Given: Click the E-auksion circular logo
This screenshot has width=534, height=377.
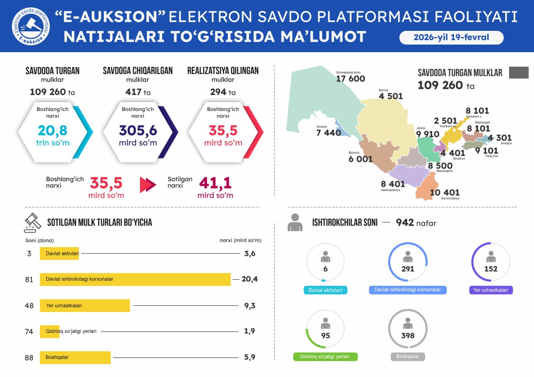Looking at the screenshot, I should point(30,26).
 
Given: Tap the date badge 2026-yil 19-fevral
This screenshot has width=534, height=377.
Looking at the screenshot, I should point(451,38).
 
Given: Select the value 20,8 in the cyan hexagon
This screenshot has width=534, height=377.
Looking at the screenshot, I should point(53,131).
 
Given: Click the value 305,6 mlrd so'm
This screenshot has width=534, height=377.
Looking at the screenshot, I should point(138,131).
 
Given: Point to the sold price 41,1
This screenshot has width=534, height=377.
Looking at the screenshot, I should point(215,183).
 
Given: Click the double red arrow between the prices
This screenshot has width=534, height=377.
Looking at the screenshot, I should point(148,185).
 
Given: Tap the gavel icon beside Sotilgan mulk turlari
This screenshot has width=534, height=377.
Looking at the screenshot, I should point(33,223).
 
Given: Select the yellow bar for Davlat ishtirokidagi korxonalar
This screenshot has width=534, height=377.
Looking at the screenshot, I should point(135,279).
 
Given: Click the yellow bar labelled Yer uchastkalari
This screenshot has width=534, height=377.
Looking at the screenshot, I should point(85,305).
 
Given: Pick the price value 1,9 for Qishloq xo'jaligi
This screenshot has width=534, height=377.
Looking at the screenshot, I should point(249,331).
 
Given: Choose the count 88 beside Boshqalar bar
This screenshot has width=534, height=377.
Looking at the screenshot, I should point(29,357).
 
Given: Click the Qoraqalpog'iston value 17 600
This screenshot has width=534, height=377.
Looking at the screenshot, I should point(350,79).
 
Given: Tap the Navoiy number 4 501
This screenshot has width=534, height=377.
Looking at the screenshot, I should point(391,96).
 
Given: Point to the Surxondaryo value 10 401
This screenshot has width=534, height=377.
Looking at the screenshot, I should point(445,192).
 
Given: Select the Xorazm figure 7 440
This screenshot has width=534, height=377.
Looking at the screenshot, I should point(329,133).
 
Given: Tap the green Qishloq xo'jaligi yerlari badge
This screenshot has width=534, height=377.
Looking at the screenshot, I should point(325,357).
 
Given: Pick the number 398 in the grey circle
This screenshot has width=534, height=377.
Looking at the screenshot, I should point(408,335).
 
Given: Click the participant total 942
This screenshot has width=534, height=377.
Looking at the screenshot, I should point(404,223).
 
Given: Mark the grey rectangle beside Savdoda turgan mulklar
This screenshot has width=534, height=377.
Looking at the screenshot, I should point(519,73).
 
